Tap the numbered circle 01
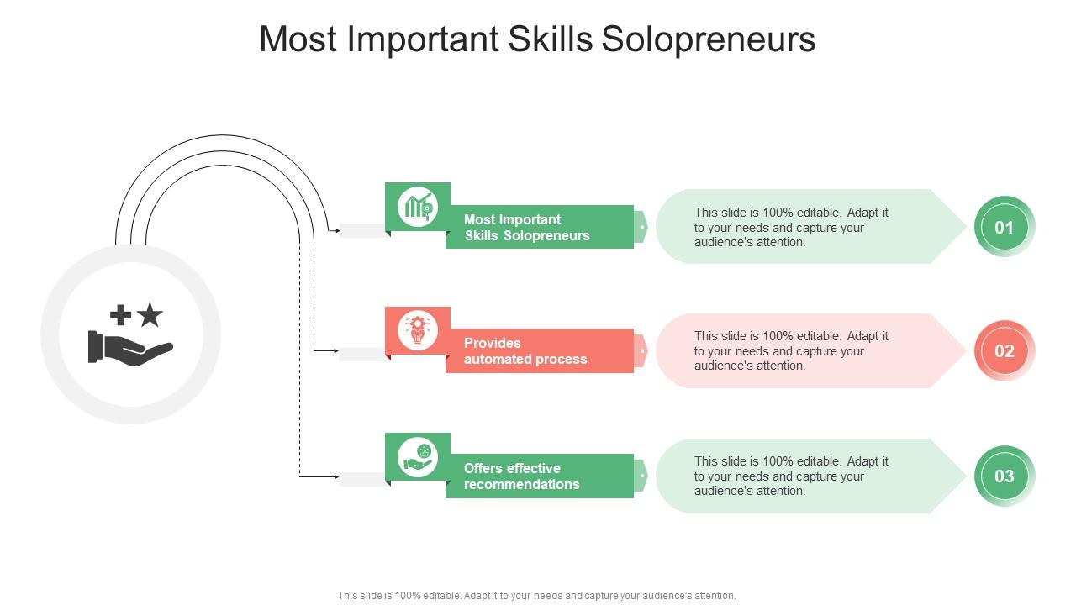click(x=1005, y=227)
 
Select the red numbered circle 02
click(x=1005, y=351)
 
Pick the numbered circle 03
click(x=1005, y=476)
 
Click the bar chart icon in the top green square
click(x=418, y=206)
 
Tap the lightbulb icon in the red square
click(x=418, y=329)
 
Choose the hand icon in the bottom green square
click(x=418, y=456)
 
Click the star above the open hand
click(x=150, y=315)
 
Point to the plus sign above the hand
click(x=121, y=315)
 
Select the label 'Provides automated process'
click(x=525, y=351)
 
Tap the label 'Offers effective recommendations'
click(x=521, y=476)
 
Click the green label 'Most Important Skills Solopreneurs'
click(x=527, y=228)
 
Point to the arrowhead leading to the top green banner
click(x=336, y=229)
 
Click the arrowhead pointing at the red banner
click(x=335, y=350)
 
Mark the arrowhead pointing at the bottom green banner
click(x=335, y=477)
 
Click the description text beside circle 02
click(x=791, y=351)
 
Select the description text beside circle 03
click(x=791, y=476)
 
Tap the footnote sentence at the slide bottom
click(x=537, y=596)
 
